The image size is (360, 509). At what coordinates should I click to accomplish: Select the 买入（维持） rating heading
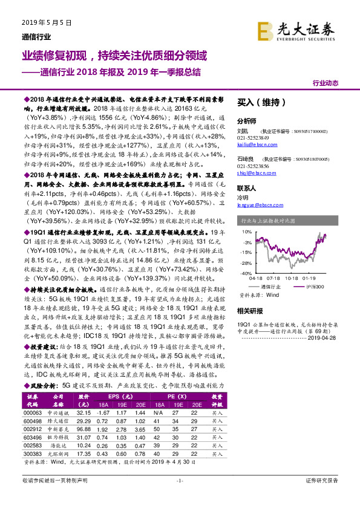click(x=257, y=102)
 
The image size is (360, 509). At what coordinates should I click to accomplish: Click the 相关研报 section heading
click(x=250, y=311)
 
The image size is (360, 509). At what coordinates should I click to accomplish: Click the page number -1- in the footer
click(x=180, y=480)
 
